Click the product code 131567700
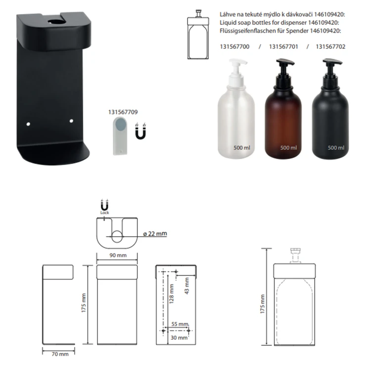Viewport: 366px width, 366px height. click(234, 46)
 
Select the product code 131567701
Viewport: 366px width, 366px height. click(283, 46)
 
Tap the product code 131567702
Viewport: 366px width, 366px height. click(330, 46)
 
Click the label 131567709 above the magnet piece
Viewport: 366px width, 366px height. click(123, 112)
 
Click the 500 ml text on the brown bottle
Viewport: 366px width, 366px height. click(289, 148)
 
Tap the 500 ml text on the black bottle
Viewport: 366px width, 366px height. click(336, 148)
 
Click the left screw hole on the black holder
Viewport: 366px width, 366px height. click(28, 124)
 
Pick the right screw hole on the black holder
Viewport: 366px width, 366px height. click(71, 121)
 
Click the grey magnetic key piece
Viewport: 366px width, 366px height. click(120, 136)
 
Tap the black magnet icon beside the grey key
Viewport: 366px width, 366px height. click(140, 131)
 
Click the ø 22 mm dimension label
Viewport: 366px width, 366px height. click(155, 233)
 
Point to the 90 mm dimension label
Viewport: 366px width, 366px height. click(118, 255)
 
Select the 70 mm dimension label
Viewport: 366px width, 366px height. click(60, 354)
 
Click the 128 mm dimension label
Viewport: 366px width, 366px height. click(172, 294)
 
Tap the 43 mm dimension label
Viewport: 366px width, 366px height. click(187, 286)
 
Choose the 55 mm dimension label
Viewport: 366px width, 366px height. click(180, 324)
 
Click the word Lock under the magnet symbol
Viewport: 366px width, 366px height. click(104, 213)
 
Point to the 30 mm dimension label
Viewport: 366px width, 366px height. click(179, 338)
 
